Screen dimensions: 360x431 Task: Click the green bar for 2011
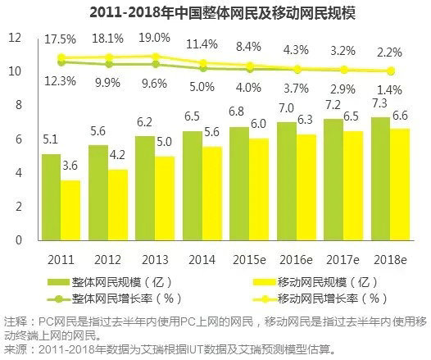click(x=51, y=197)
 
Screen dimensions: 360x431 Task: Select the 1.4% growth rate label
click(x=388, y=88)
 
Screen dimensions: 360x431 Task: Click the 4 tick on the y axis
click(x=17, y=173)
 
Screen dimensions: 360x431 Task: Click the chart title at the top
click(x=215, y=13)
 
